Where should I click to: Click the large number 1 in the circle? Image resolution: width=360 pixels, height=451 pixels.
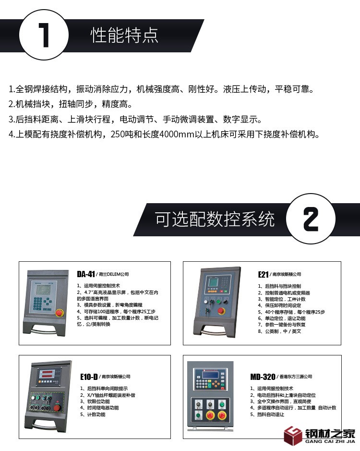pyautogui.click(x=44, y=35)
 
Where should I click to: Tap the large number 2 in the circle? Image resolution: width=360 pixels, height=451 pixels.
pyautogui.click(x=311, y=219)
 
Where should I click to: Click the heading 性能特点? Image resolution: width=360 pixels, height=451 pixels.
pyautogui.click(x=124, y=36)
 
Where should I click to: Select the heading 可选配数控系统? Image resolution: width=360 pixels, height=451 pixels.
pyautogui.click(x=215, y=219)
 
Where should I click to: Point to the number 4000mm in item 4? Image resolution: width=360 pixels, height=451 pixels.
pyautogui.click(x=177, y=134)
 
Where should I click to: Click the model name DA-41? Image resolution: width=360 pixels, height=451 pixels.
pyautogui.click(x=86, y=274)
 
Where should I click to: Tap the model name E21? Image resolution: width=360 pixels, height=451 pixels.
pyautogui.click(x=263, y=274)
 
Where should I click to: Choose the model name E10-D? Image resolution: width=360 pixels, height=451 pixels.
pyautogui.click(x=89, y=377)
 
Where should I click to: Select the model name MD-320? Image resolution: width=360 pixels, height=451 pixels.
pyautogui.click(x=263, y=377)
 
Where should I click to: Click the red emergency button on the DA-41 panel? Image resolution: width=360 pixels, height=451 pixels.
pyautogui.click(x=59, y=313)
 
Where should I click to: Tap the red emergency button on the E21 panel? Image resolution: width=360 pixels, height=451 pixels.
pyautogui.click(x=221, y=311)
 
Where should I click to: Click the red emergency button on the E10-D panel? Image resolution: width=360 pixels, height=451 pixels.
pyautogui.click(x=57, y=408)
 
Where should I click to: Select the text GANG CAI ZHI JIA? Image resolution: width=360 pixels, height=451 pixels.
pyautogui.click(x=330, y=441)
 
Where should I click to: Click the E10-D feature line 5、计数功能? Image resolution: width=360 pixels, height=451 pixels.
pyautogui.click(x=93, y=414)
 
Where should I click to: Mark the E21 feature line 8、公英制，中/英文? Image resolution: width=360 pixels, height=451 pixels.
pyautogui.click(x=279, y=331)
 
